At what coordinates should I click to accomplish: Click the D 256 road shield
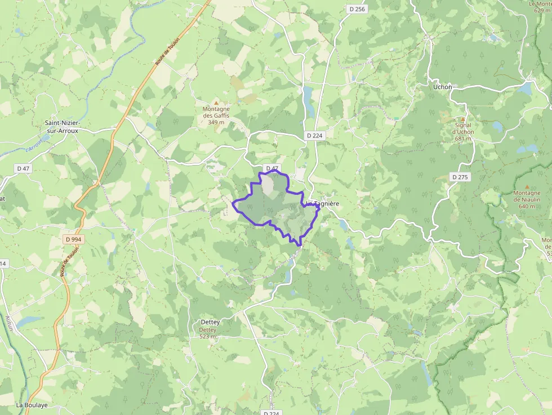[357, 8]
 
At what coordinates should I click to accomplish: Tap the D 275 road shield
[460, 177]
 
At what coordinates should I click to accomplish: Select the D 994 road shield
[73, 239]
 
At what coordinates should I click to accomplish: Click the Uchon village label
[443, 87]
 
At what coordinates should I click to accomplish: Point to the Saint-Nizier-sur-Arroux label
[63, 126]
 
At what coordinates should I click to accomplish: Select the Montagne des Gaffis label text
[216, 112]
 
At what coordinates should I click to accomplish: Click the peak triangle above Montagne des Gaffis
[216, 102]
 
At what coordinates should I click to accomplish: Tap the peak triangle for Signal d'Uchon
[463, 119]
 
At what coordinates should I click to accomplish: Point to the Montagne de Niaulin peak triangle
[527, 186]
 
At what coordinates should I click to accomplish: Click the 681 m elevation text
[463, 139]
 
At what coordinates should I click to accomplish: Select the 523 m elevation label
[208, 337]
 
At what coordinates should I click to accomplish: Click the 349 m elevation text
[216, 122]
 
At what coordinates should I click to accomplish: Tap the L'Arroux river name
[34, 145]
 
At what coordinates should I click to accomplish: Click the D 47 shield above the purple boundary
[272, 168]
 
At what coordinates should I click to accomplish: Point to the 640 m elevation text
[527, 206]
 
